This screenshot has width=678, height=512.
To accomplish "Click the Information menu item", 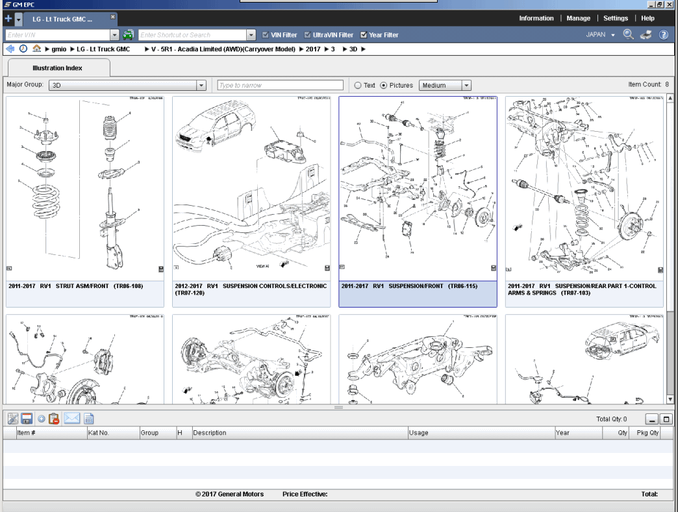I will click(x=536, y=18).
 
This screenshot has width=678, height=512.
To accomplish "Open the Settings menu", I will click(x=615, y=18).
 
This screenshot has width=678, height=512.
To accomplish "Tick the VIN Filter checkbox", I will click(x=266, y=35).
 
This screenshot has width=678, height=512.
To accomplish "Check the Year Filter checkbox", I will click(x=364, y=35).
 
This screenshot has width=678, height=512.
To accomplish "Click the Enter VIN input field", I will click(x=58, y=35).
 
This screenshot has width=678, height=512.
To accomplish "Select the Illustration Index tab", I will click(x=58, y=67).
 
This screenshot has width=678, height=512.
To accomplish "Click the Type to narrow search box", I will click(x=280, y=85).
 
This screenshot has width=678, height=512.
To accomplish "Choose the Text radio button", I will click(x=358, y=85).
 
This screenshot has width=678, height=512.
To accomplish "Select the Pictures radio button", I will click(x=384, y=85).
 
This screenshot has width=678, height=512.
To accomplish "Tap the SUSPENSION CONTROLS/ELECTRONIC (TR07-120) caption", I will click(x=250, y=289).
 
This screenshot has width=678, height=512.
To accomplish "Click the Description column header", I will click(x=210, y=433).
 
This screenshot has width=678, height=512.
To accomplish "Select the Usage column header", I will click(x=419, y=433).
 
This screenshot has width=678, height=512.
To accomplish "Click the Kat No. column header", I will click(x=99, y=433).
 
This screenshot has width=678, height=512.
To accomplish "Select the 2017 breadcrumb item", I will click(x=313, y=49).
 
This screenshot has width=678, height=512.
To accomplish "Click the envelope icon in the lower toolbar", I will click(x=71, y=419).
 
